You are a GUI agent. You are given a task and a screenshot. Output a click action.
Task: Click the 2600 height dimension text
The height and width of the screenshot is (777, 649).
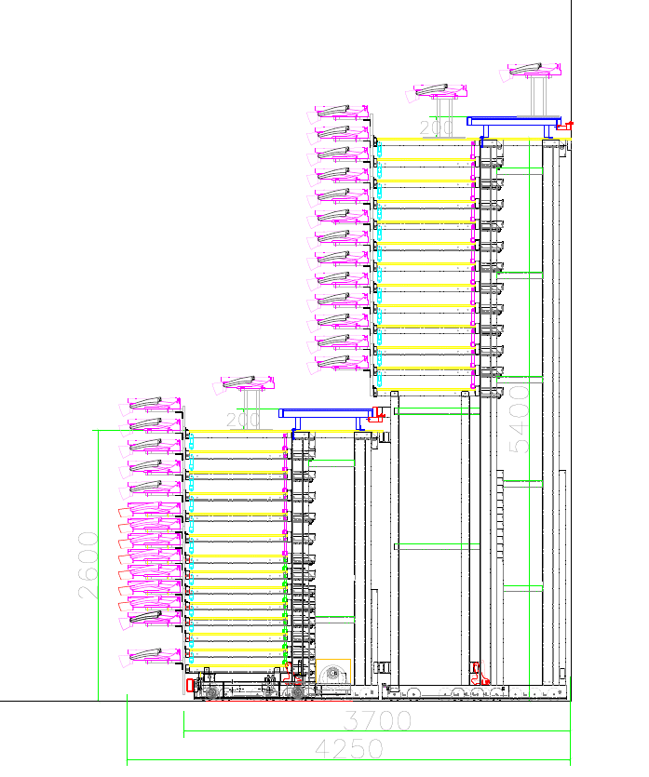pyautogui.click(x=88, y=565)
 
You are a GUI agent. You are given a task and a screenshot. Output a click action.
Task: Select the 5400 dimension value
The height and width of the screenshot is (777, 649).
pyautogui.click(x=521, y=419)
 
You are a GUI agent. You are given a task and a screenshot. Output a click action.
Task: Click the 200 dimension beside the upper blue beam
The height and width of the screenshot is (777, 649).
pyautogui.click(x=436, y=128)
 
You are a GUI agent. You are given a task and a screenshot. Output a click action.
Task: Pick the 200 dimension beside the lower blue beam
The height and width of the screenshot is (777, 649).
pyautogui.click(x=244, y=420)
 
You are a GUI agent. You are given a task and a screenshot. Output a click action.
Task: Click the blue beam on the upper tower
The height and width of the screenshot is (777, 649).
pyautogui.click(x=513, y=122)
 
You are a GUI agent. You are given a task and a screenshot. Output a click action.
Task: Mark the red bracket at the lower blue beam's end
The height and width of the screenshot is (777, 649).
pyautogui.click(x=376, y=415)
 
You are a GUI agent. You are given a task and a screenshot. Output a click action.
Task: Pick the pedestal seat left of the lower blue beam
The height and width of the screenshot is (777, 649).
pyautogui.click(x=248, y=382)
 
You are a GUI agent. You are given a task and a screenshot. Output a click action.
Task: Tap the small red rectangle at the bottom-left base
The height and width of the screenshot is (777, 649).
pyautogui.click(x=191, y=685)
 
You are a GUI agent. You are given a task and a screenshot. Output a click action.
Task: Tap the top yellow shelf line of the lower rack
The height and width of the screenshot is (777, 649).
pyautogui.click(x=237, y=432)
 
